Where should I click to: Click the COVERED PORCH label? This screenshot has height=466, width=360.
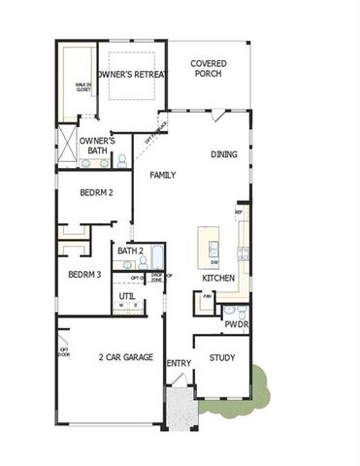(209, 69)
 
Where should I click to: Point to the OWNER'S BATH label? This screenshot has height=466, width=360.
(97, 146)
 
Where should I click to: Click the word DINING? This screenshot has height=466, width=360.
(225, 154)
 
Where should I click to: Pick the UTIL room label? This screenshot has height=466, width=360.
(127, 296)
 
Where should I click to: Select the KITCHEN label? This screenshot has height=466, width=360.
(218, 280)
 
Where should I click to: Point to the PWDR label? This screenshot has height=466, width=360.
(236, 324)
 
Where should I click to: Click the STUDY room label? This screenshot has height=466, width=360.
(222, 358)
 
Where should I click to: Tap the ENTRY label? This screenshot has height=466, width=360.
(179, 364)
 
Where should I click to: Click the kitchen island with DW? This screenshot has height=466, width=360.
(209, 248)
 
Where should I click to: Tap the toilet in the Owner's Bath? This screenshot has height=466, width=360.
(122, 160)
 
